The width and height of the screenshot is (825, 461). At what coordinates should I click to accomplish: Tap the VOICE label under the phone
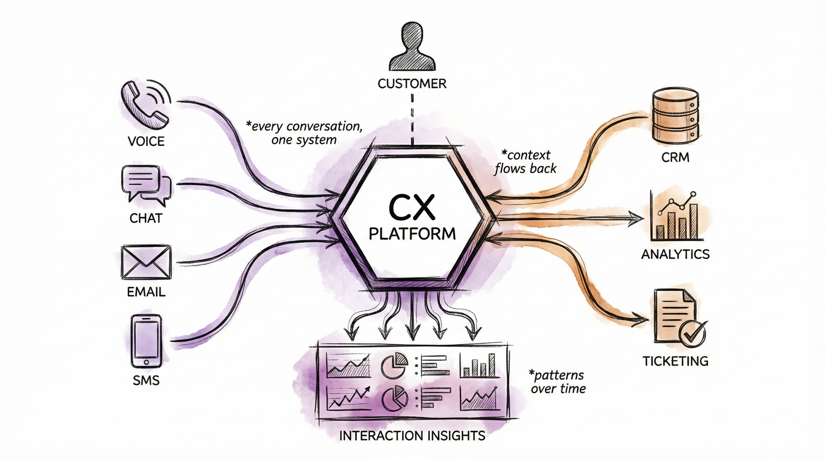146,141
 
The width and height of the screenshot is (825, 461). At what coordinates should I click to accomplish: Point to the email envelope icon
146,262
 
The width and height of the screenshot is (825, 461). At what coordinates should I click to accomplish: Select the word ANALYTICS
675,254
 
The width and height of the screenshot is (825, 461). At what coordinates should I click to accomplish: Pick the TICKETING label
675,361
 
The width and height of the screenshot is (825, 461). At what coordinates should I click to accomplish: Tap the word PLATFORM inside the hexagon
412,234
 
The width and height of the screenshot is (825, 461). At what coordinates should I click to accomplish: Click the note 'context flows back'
526,162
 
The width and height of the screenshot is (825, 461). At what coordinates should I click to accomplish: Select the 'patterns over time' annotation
558,382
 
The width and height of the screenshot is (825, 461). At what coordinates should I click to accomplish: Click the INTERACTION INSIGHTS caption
412,436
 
